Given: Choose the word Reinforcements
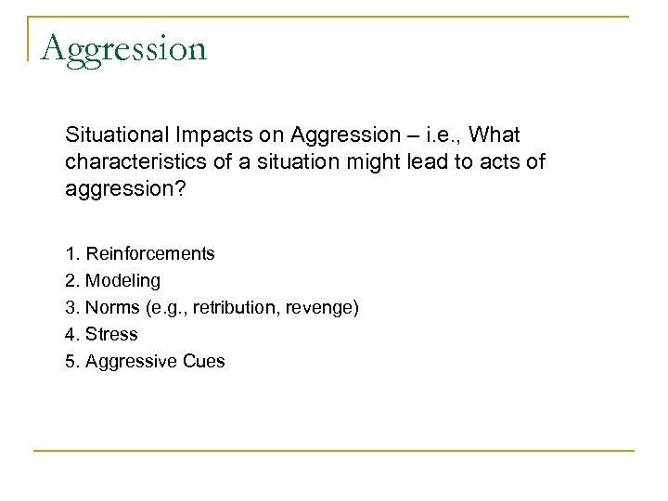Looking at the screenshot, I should pyautogui.click(x=149, y=252).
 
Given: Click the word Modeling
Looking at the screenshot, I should pyautogui.click(x=122, y=279).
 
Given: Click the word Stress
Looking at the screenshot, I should pyautogui.click(x=111, y=333).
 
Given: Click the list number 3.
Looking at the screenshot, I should pyautogui.click(x=71, y=306).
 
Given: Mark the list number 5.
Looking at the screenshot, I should pyautogui.click(x=71, y=360).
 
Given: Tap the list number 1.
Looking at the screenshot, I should pyautogui.click(x=71, y=252).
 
